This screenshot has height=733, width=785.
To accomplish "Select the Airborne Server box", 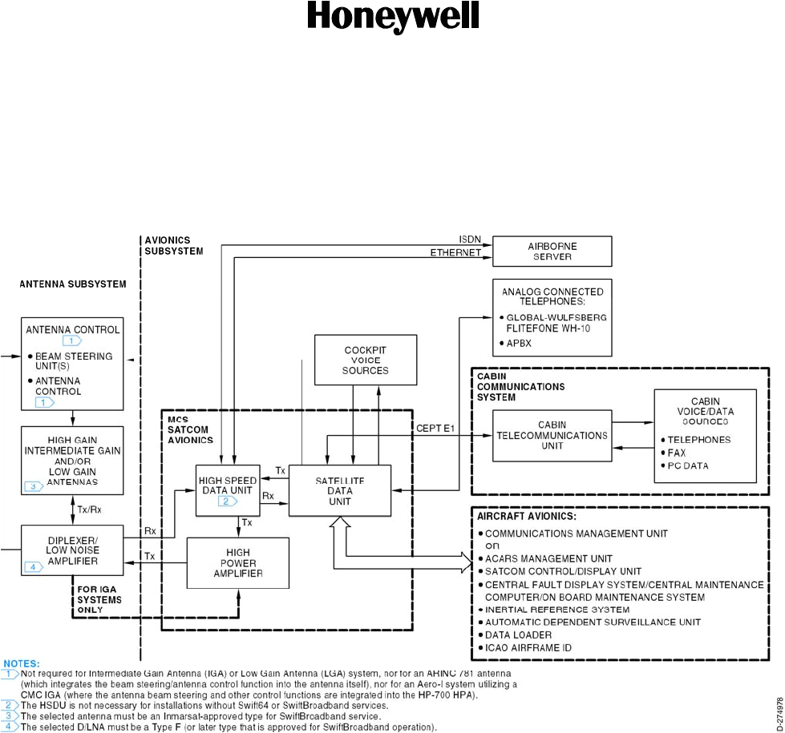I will pyautogui.click(x=552, y=251).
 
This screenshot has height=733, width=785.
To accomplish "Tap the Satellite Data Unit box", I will pyautogui.click(x=339, y=489).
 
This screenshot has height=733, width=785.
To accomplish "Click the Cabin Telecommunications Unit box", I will pyautogui.click(x=551, y=436).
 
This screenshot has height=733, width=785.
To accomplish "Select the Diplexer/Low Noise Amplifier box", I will pyautogui.click(x=72, y=550).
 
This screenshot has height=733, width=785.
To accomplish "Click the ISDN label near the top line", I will pyautogui.click(x=470, y=239).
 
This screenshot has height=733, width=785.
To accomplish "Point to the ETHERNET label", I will pyautogui.click(x=455, y=252).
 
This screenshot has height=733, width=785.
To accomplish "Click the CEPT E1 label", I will pyautogui.click(x=436, y=429).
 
